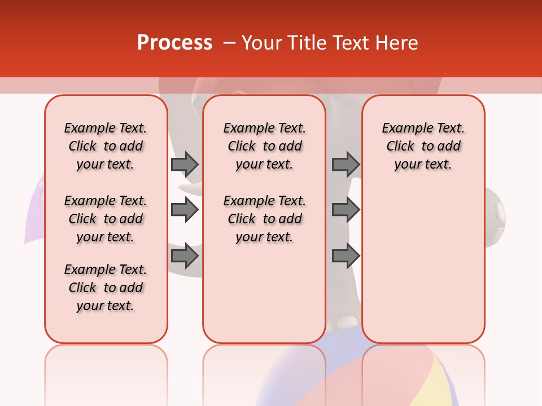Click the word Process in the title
[174, 42]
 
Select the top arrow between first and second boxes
[185, 164]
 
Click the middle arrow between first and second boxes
[185, 210]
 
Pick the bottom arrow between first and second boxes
[185, 257]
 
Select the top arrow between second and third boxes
[346, 164]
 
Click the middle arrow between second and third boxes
[346, 210]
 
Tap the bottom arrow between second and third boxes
[346, 257]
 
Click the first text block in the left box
[106, 146]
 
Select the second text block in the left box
[106, 219]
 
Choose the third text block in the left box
[106, 288]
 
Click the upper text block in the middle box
[264, 146]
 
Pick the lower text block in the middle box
[264, 219]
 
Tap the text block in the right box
[423, 146]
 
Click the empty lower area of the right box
[423, 271]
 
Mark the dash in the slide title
[228, 43]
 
